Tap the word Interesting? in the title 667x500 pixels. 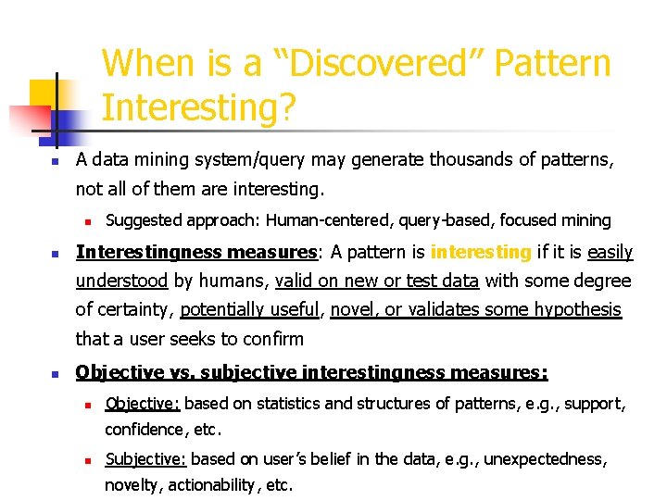[x=199, y=108]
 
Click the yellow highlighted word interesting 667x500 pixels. [x=480, y=252]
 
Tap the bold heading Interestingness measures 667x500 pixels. [x=196, y=252]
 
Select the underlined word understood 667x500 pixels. [x=121, y=281]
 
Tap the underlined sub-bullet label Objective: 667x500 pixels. [x=143, y=403]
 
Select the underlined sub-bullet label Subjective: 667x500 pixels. [x=145, y=459]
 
